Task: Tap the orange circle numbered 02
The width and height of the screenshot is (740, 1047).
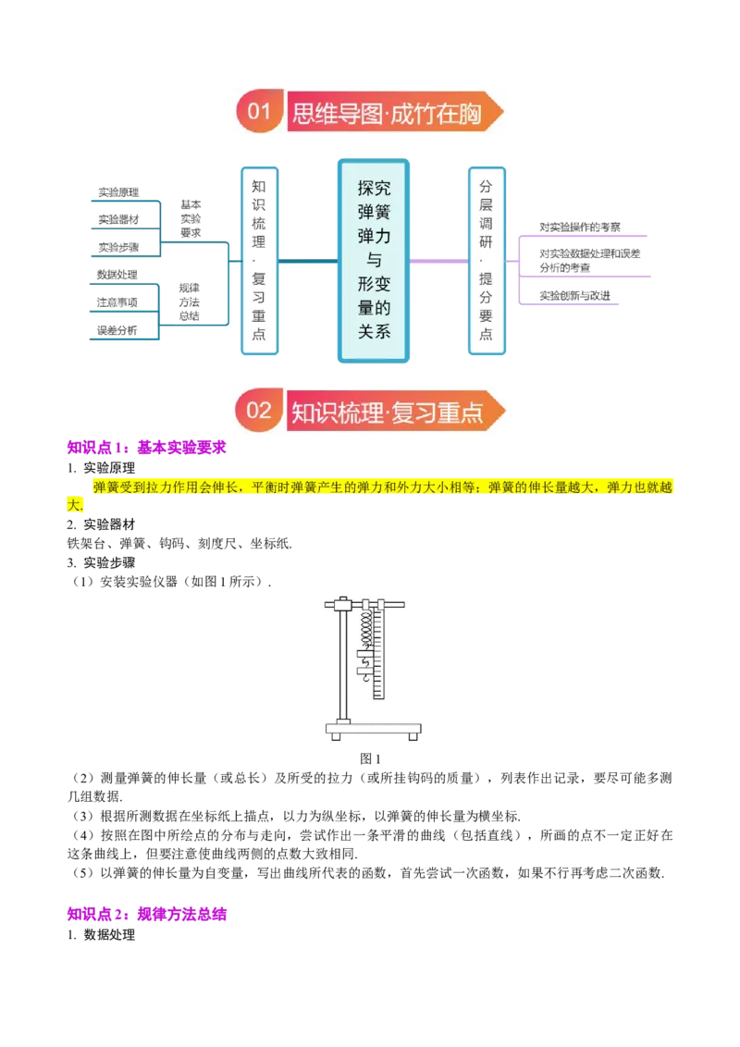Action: (259, 410)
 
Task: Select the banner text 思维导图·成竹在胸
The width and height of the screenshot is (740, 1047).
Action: (387, 113)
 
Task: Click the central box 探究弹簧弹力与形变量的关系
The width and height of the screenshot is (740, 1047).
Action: (374, 261)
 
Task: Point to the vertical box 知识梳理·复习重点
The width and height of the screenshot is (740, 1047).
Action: (259, 261)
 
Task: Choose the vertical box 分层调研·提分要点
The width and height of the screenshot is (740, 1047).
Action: (487, 261)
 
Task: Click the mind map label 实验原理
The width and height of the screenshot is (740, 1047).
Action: (119, 192)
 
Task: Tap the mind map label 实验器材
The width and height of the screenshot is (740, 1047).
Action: (119, 219)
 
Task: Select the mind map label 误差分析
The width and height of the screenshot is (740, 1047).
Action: (117, 330)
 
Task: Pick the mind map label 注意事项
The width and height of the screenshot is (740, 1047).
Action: (117, 302)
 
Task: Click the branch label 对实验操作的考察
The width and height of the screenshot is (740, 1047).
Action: (580, 227)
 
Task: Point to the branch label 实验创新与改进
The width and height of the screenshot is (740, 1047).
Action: (575, 295)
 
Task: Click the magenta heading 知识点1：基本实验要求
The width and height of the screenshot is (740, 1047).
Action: (147, 448)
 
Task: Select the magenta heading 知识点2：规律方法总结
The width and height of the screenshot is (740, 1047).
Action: (147, 914)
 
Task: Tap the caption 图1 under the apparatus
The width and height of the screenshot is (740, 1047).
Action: (370, 758)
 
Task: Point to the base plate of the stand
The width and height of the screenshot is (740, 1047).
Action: (374, 729)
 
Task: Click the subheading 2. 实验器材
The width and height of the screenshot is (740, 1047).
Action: (101, 524)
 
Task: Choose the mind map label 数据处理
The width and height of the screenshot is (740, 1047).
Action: (117, 275)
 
